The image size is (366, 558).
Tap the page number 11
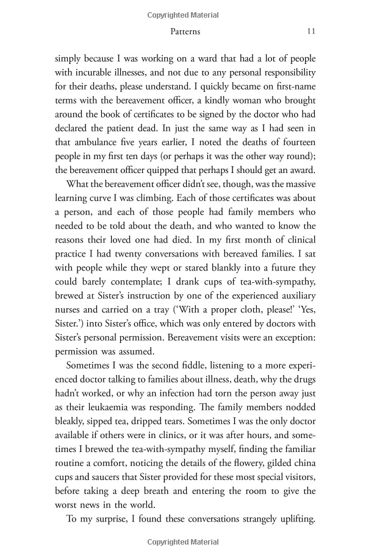[311, 31]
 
